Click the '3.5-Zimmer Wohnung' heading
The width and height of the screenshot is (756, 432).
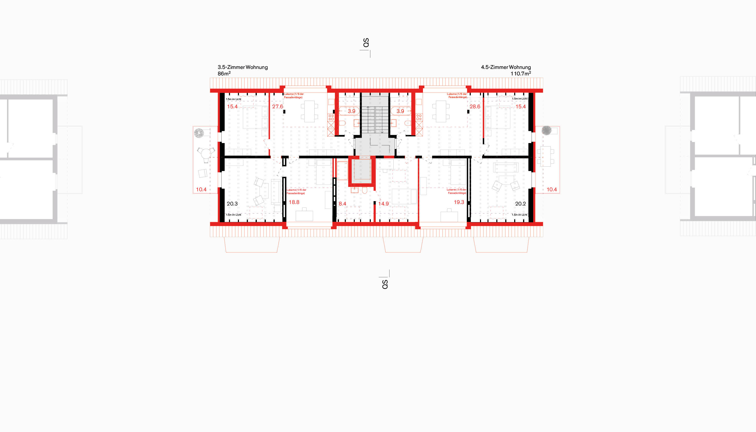point(242,67)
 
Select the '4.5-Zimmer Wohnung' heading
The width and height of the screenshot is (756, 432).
point(506,67)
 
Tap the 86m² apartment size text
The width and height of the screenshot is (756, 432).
point(224,74)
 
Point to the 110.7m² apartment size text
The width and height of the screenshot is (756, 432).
point(520,74)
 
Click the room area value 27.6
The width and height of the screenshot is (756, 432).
point(277,107)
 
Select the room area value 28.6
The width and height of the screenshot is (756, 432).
point(475,107)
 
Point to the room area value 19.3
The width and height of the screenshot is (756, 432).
point(459,202)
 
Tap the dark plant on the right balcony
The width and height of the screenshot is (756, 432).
point(546,131)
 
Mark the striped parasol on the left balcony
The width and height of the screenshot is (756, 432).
point(199,133)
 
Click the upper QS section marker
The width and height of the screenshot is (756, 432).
point(366,43)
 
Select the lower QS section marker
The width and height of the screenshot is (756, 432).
point(385,284)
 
